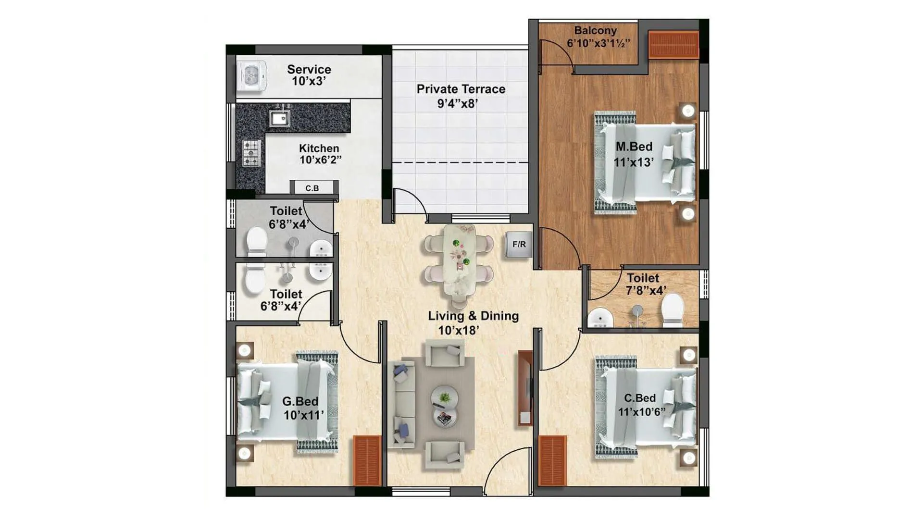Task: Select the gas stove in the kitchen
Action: (x=250, y=153)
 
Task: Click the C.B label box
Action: (x=312, y=188)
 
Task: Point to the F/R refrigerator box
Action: (x=519, y=245)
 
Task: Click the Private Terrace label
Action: (x=461, y=89)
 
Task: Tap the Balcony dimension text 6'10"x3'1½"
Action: (x=599, y=43)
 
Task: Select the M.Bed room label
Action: (x=634, y=147)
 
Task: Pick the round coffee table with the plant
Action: (x=445, y=397)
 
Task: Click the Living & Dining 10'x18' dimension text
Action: (x=459, y=330)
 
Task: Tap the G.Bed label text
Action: (x=300, y=401)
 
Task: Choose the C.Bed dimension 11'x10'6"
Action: (x=642, y=412)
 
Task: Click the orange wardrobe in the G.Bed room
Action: (x=367, y=460)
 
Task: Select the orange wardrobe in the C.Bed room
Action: (x=552, y=460)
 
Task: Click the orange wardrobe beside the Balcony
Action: (x=674, y=45)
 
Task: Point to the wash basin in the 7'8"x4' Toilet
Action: (x=600, y=318)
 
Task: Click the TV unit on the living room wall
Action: (x=525, y=388)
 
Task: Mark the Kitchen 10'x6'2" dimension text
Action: (x=321, y=160)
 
